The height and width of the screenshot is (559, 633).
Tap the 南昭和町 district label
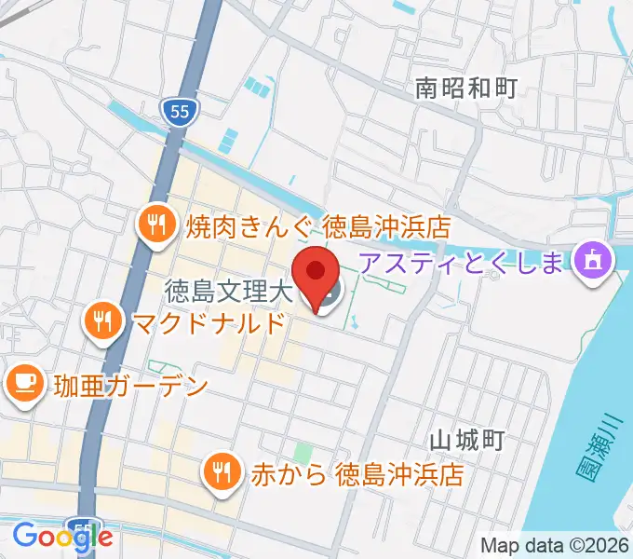pos(465,89)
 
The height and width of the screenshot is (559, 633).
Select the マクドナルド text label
pos(208,323)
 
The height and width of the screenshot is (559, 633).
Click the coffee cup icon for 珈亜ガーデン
pos(25,383)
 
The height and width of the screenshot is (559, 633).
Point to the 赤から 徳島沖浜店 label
pos(357,473)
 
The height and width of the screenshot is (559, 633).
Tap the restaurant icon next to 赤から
pos(222,472)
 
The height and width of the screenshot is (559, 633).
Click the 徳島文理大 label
pos(229,293)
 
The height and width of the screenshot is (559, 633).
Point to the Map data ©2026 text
pos(555,545)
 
